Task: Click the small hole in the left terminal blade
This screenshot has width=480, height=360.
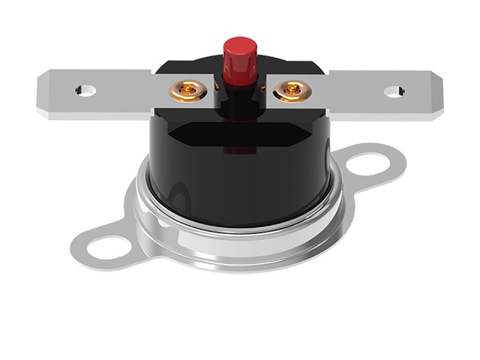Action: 85,91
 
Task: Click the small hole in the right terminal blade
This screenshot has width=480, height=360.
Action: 394,91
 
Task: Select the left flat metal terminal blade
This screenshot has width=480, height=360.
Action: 112,94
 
